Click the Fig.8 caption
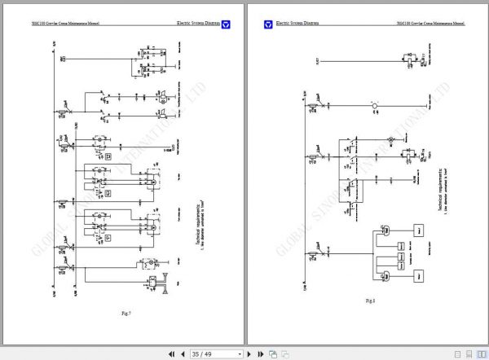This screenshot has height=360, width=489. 370,301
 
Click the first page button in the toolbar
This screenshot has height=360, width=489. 171,354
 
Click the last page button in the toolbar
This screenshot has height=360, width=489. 261,354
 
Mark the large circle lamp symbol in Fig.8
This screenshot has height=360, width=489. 375,106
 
